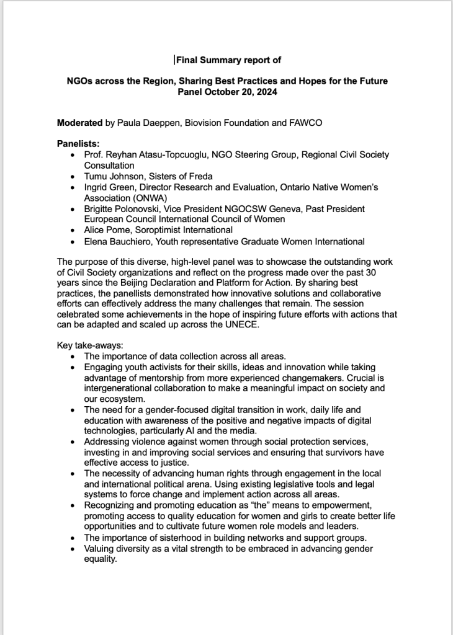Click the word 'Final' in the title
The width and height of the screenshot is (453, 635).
[188, 60]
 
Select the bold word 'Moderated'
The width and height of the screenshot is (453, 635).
[80, 123]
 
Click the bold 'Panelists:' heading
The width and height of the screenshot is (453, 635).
[78, 144]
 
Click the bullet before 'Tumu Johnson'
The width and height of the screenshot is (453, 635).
[74, 177]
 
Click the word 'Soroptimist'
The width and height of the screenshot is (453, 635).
[155, 230]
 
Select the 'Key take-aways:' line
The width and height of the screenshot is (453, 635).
[89, 345]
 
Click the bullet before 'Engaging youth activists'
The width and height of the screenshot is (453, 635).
[74, 367]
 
